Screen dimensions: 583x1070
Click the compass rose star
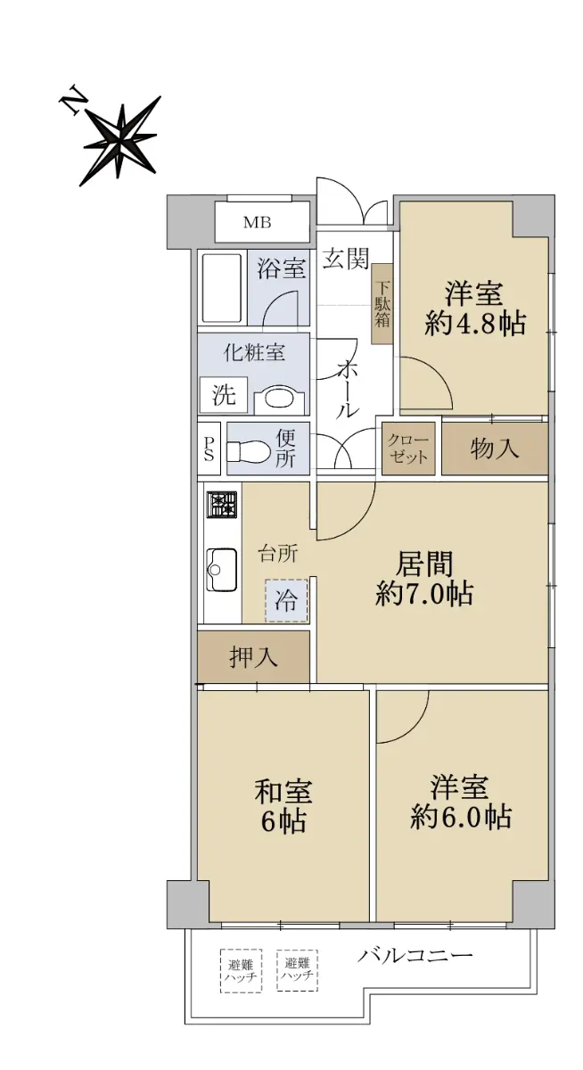(x=120, y=141)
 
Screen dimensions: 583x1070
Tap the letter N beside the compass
(x=72, y=100)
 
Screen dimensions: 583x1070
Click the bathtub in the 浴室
(x=222, y=289)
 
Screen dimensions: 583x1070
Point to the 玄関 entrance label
(x=346, y=259)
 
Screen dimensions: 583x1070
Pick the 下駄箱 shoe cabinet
(x=382, y=304)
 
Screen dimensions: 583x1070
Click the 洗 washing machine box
(x=224, y=394)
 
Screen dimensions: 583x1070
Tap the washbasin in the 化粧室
(x=279, y=398)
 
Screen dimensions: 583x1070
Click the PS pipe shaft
(x=209, y=449)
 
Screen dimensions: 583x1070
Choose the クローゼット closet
(x=408, y=449)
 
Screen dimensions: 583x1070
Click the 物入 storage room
(x=495, y=449)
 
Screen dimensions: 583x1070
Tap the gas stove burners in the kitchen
(x=221, y=505)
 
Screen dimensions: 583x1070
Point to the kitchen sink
(x=222, y=570)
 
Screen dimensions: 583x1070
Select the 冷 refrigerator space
(x=286, y=600)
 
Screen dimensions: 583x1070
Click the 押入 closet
(x=253, y=657)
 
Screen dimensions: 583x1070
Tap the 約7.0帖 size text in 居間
(x=424, y=594)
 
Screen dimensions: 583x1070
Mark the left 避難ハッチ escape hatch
(x=241, y=971)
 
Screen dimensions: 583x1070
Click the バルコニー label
(x=415, y=955)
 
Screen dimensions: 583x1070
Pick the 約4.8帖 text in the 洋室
(x=475, y=325)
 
